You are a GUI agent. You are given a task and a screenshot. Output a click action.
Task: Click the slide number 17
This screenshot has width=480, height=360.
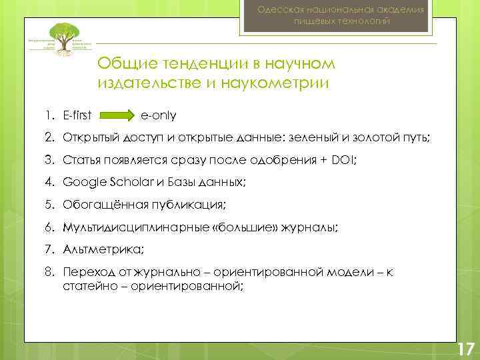465,348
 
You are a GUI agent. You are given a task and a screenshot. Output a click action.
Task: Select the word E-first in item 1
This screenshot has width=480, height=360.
77,115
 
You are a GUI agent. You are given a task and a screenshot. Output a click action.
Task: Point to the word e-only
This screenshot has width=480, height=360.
158,115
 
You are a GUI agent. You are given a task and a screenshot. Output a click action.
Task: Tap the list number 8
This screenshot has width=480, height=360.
49,272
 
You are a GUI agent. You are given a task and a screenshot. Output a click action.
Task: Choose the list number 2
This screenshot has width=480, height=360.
49,137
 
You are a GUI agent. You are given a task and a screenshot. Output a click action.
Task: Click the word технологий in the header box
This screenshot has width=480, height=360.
363,22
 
